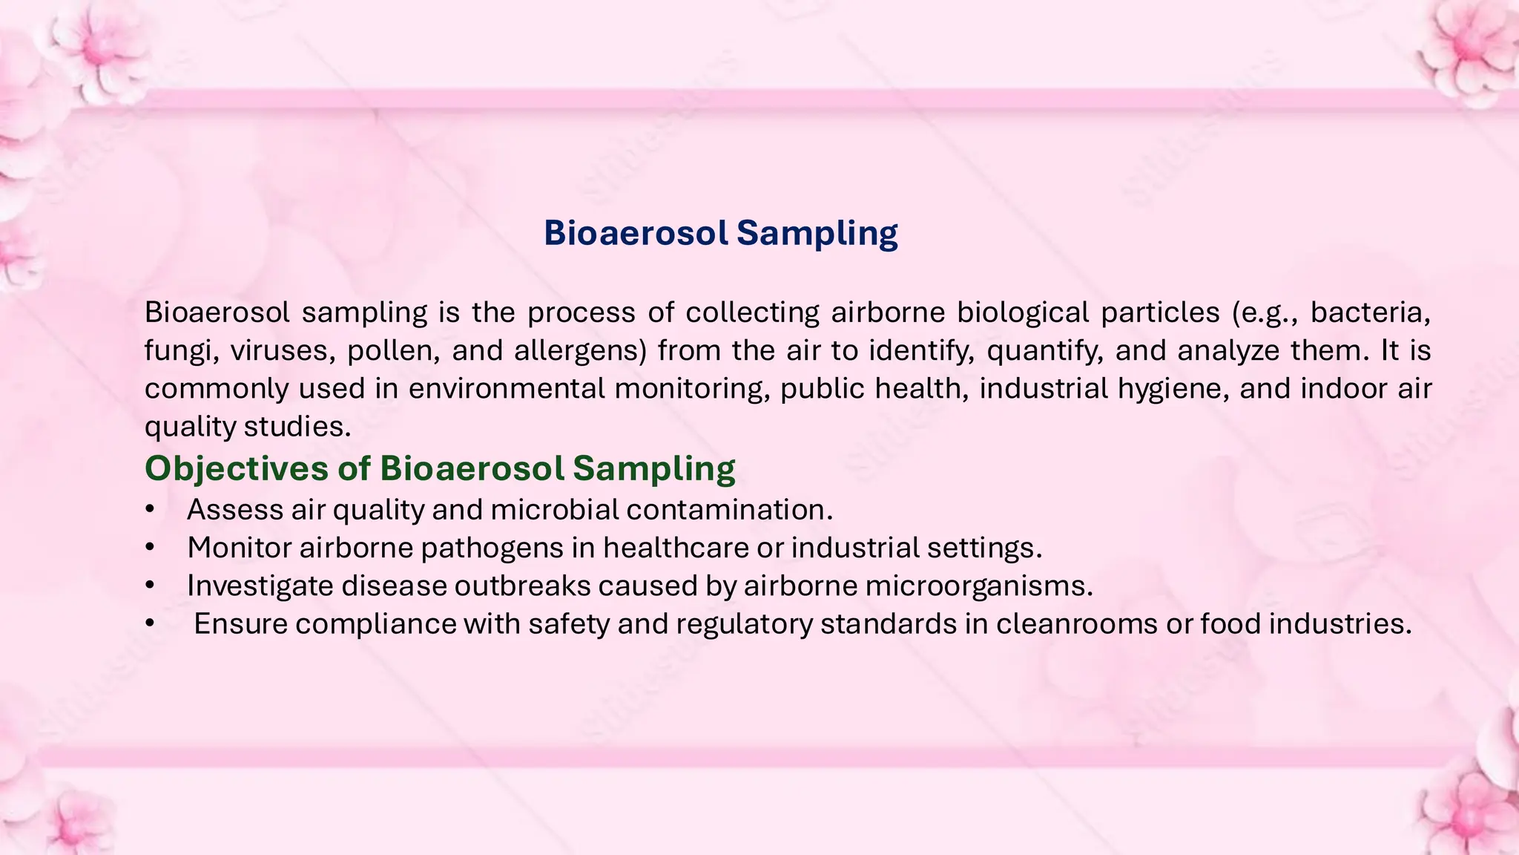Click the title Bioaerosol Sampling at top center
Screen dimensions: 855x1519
click(720, 233)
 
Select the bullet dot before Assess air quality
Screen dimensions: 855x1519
click(150, 510)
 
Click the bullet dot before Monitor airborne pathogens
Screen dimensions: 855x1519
click(150, 548)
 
